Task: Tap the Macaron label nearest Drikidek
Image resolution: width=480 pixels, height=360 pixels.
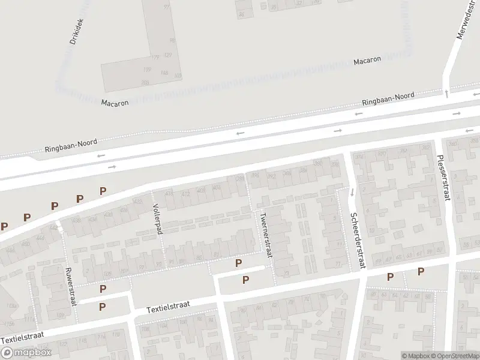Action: (115, 103)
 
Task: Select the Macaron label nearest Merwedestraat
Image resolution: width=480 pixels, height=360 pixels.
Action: (367, 61)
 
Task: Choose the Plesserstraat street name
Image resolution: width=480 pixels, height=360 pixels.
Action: (443, 170)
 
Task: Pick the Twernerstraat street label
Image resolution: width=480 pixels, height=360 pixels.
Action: (265, 235)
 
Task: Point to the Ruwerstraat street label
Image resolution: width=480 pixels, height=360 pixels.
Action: (71, 287)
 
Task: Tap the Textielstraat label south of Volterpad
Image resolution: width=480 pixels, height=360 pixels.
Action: (169, 307)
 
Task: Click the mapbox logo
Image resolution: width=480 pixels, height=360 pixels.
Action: (26, 353)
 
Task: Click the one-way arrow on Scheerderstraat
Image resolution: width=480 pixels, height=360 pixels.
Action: (352, 193)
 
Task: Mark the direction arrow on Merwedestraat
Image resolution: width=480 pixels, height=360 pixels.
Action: (446, 92)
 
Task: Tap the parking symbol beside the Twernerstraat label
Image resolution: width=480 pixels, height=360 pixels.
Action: (239, 263)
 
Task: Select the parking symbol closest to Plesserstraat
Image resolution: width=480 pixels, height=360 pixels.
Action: (421, 271)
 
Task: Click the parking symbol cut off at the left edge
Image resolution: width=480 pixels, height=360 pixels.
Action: (4, 226)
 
